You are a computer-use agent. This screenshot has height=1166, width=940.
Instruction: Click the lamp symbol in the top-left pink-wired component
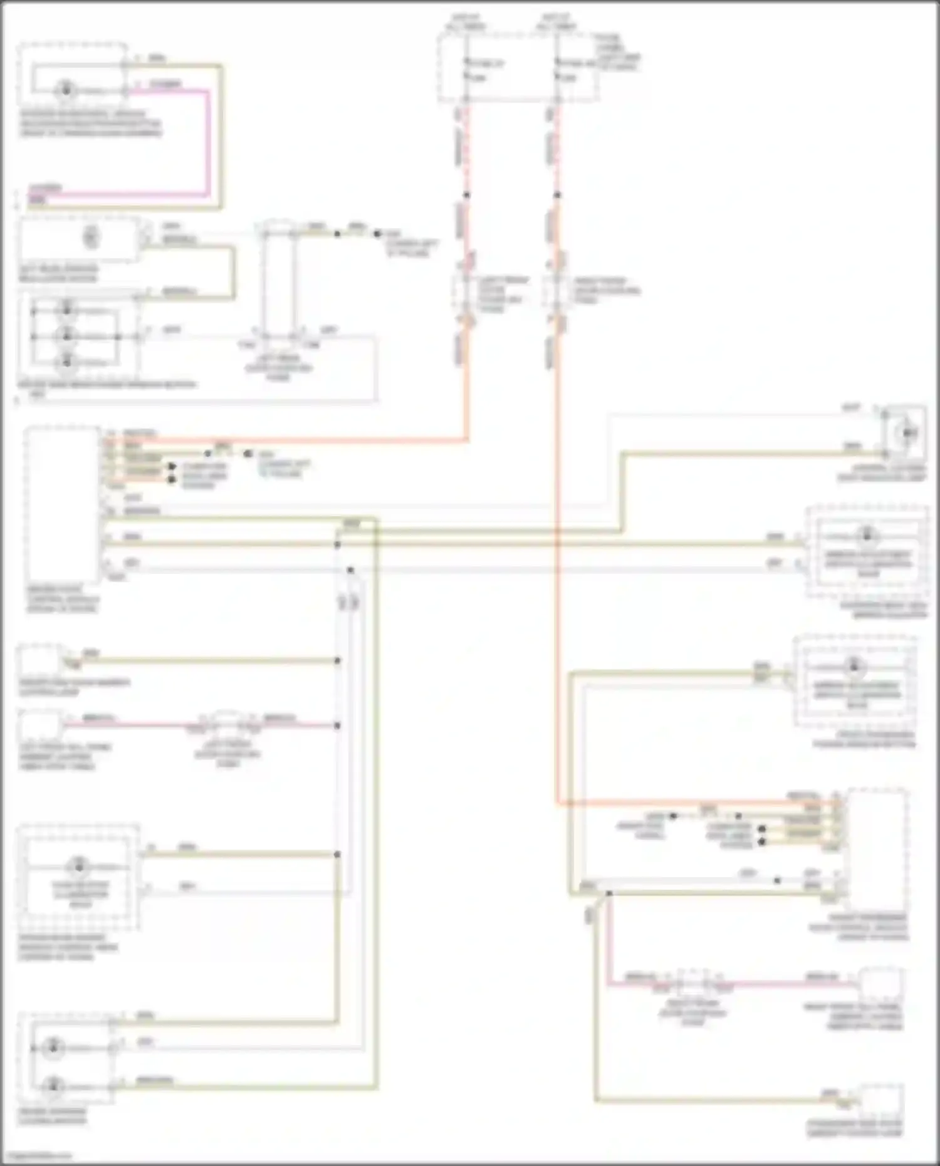(x=66, y=90)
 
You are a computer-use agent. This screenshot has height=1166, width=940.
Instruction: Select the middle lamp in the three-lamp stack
(x=66, y=336)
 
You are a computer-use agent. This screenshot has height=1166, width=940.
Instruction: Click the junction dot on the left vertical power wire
(x=466, y=195)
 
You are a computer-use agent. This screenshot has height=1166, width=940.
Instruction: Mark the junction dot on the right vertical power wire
(x=556, y=195)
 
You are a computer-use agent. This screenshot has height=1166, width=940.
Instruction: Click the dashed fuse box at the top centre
(x=517, y=68)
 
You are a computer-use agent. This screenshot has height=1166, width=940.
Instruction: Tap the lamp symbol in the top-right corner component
(x=908, y=432)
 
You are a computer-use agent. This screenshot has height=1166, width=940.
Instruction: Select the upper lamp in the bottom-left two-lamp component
(x=54, y=1047)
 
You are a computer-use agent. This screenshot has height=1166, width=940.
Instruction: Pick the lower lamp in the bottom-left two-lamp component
(x=54, y=1085)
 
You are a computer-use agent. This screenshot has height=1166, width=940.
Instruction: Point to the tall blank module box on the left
(x=62, y=505)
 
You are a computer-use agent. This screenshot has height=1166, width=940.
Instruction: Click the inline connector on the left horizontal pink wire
(x=227, y=724)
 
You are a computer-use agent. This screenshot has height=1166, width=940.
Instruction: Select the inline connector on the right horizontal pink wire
(x=692, y=982)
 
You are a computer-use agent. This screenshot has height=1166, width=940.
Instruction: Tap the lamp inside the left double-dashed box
(x=79, y=867)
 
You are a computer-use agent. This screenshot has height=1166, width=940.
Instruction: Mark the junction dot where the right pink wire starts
(x=608, y=893)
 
